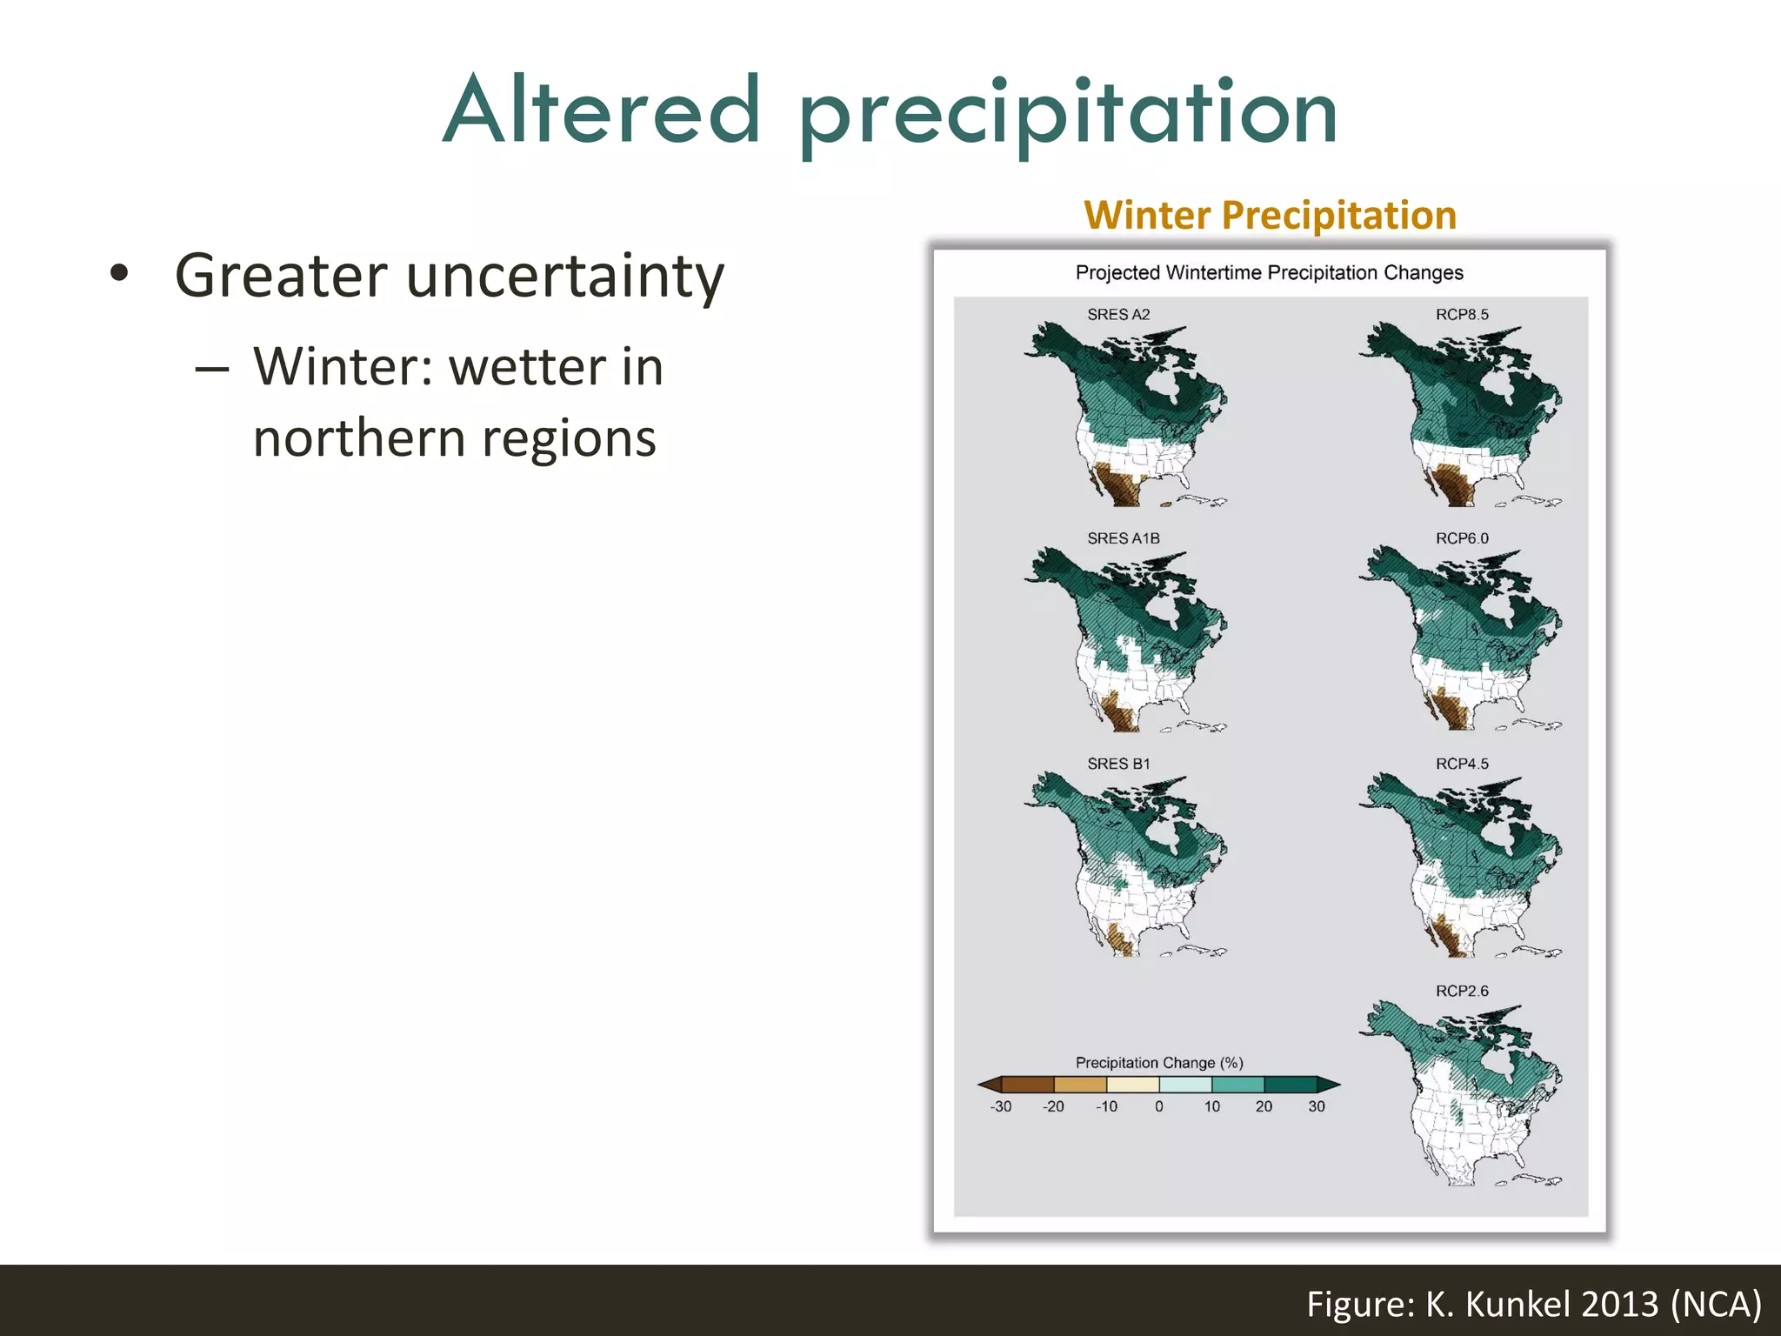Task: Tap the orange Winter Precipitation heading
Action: coord(1270,216)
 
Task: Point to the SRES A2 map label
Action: coord(1118,315)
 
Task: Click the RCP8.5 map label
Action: coord(1462,315)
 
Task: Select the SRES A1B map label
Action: coord(1123,538)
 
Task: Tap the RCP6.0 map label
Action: coord(1462,538)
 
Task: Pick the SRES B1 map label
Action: coord(1118,764)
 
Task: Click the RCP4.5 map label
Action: coord(1462,764)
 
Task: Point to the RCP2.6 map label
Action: coord(1462,991)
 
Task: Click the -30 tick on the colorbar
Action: coord(1001,1106)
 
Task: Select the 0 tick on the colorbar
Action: coord(1159,1106)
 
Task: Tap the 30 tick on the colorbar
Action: coord(1317,1106)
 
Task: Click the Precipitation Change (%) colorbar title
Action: coord(1159,1063)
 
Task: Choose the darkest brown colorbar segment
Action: coord(1028,1085)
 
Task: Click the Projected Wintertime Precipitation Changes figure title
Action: coord(1269,273)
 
